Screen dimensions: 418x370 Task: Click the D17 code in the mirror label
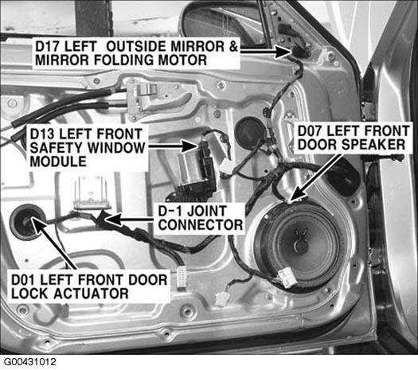click(48, 46)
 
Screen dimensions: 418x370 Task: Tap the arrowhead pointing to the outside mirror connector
click(283, 51)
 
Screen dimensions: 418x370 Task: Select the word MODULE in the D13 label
click(58, 162)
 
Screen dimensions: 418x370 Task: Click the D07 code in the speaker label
click(310, 131)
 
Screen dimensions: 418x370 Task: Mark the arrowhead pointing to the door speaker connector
click(297, 194)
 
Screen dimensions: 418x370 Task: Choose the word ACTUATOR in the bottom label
click(92, 294)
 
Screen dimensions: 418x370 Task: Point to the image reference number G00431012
click(30, 362)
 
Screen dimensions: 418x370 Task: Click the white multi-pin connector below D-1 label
click(182, 276)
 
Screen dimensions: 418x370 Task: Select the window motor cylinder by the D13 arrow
click(188, 169)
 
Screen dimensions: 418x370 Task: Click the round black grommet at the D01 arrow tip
click(26, 222)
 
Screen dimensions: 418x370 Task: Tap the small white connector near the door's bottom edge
click(221, 299)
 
